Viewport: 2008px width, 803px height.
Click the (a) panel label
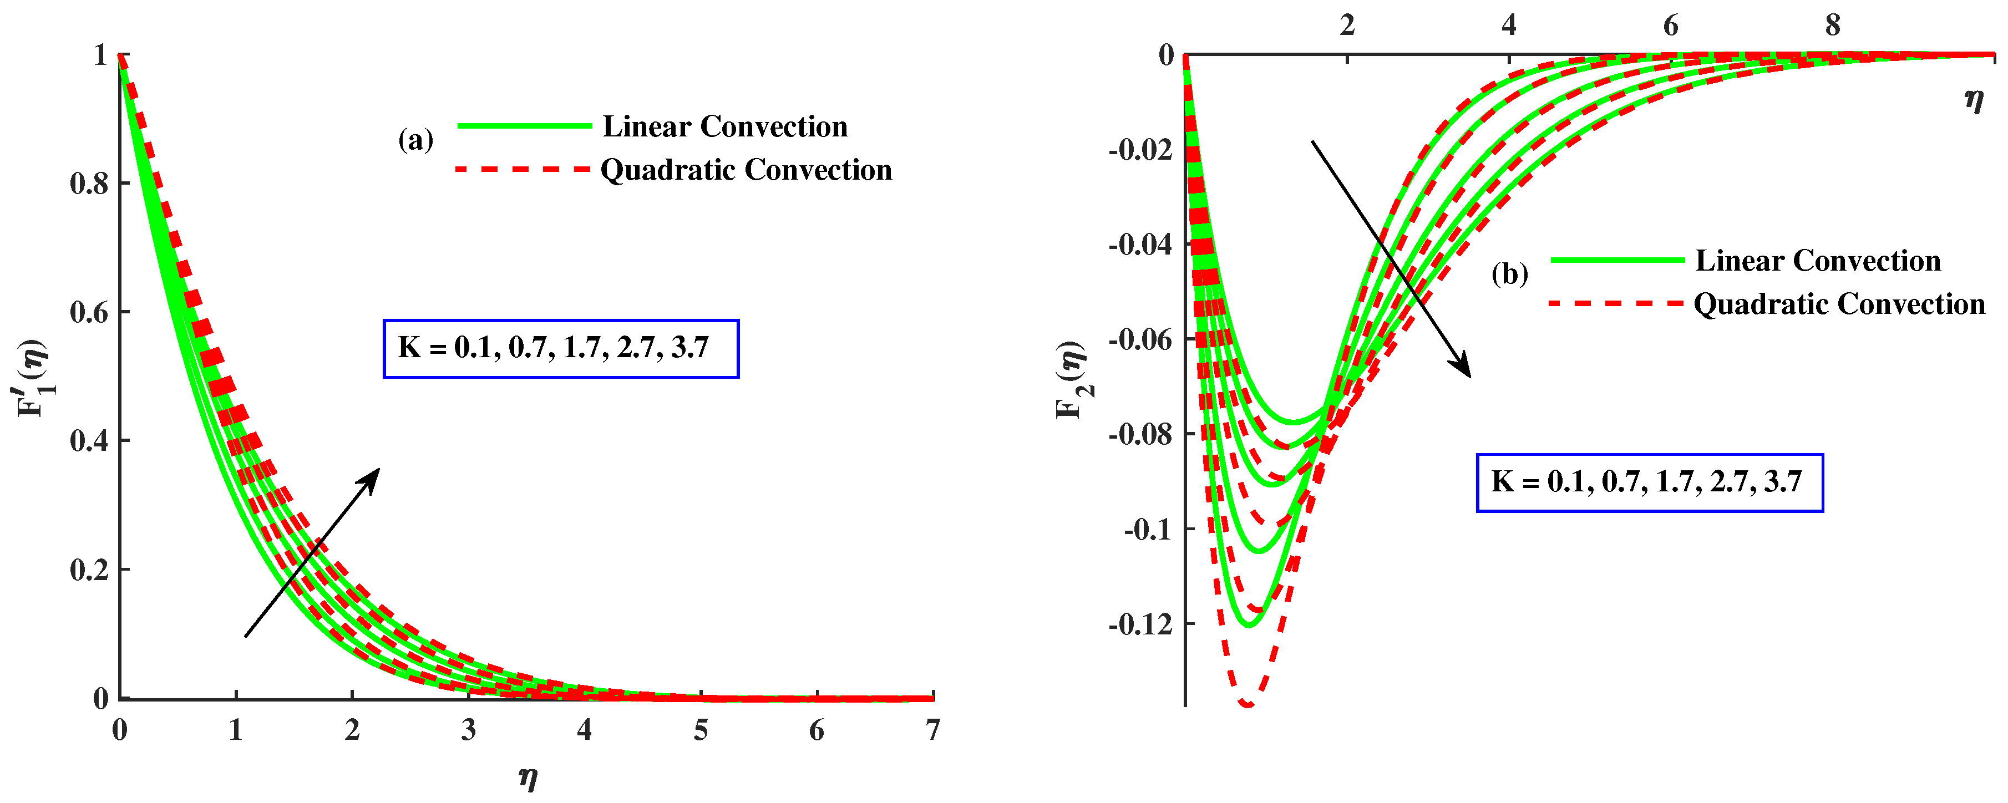pyautogui.click(x=415, y=140)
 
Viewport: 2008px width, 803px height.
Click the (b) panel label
pyautogui.click(x=1509, y=275)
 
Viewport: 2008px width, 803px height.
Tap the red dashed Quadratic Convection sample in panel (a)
pyautogui.click(x=523, y=169)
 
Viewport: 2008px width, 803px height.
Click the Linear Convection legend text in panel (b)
pyautogui.click(x=1818, y=261)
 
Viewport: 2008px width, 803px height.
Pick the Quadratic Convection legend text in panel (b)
pyautogui.click(x=1839, y=304)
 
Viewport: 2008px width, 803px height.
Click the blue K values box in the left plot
pyautogui.click(x=560, y=348)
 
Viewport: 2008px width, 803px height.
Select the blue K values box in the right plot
pyautogui.click(x=1650, y=482)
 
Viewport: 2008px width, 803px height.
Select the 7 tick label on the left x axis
pyautogui.click(x=932, y=730)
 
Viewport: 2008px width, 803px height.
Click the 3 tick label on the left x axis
pyautogui.click(x=468, y=730)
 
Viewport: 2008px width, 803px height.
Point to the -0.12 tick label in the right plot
pyautogui.click(x=1140, y=624)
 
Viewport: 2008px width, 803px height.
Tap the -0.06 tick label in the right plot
pyautogui.click(x=1140, y=340)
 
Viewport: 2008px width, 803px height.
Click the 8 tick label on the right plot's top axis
pyautogui.click(x=1833, y=26)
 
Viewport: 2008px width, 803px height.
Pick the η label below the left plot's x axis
pyautogui.click(x=528, y=777)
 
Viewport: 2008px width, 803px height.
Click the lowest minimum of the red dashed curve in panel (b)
pyautogui.click(x=1248, y=704)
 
